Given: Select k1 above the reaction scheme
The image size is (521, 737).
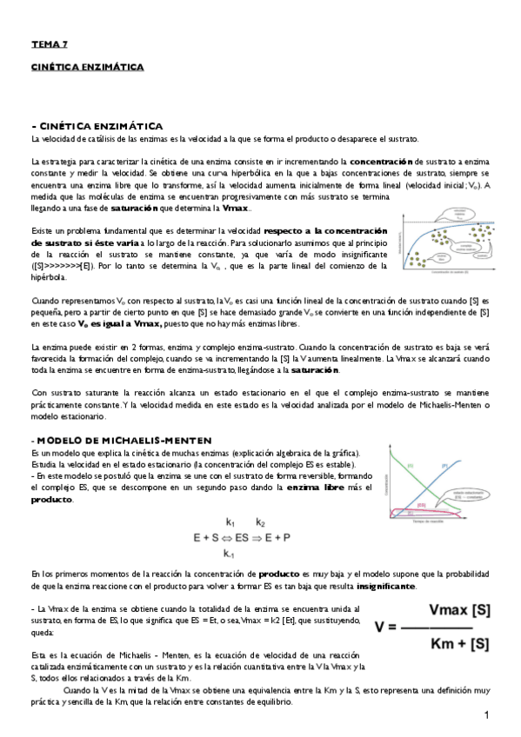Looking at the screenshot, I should coord(230,523).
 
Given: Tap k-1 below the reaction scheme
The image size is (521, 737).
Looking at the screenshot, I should coord(230,554).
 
